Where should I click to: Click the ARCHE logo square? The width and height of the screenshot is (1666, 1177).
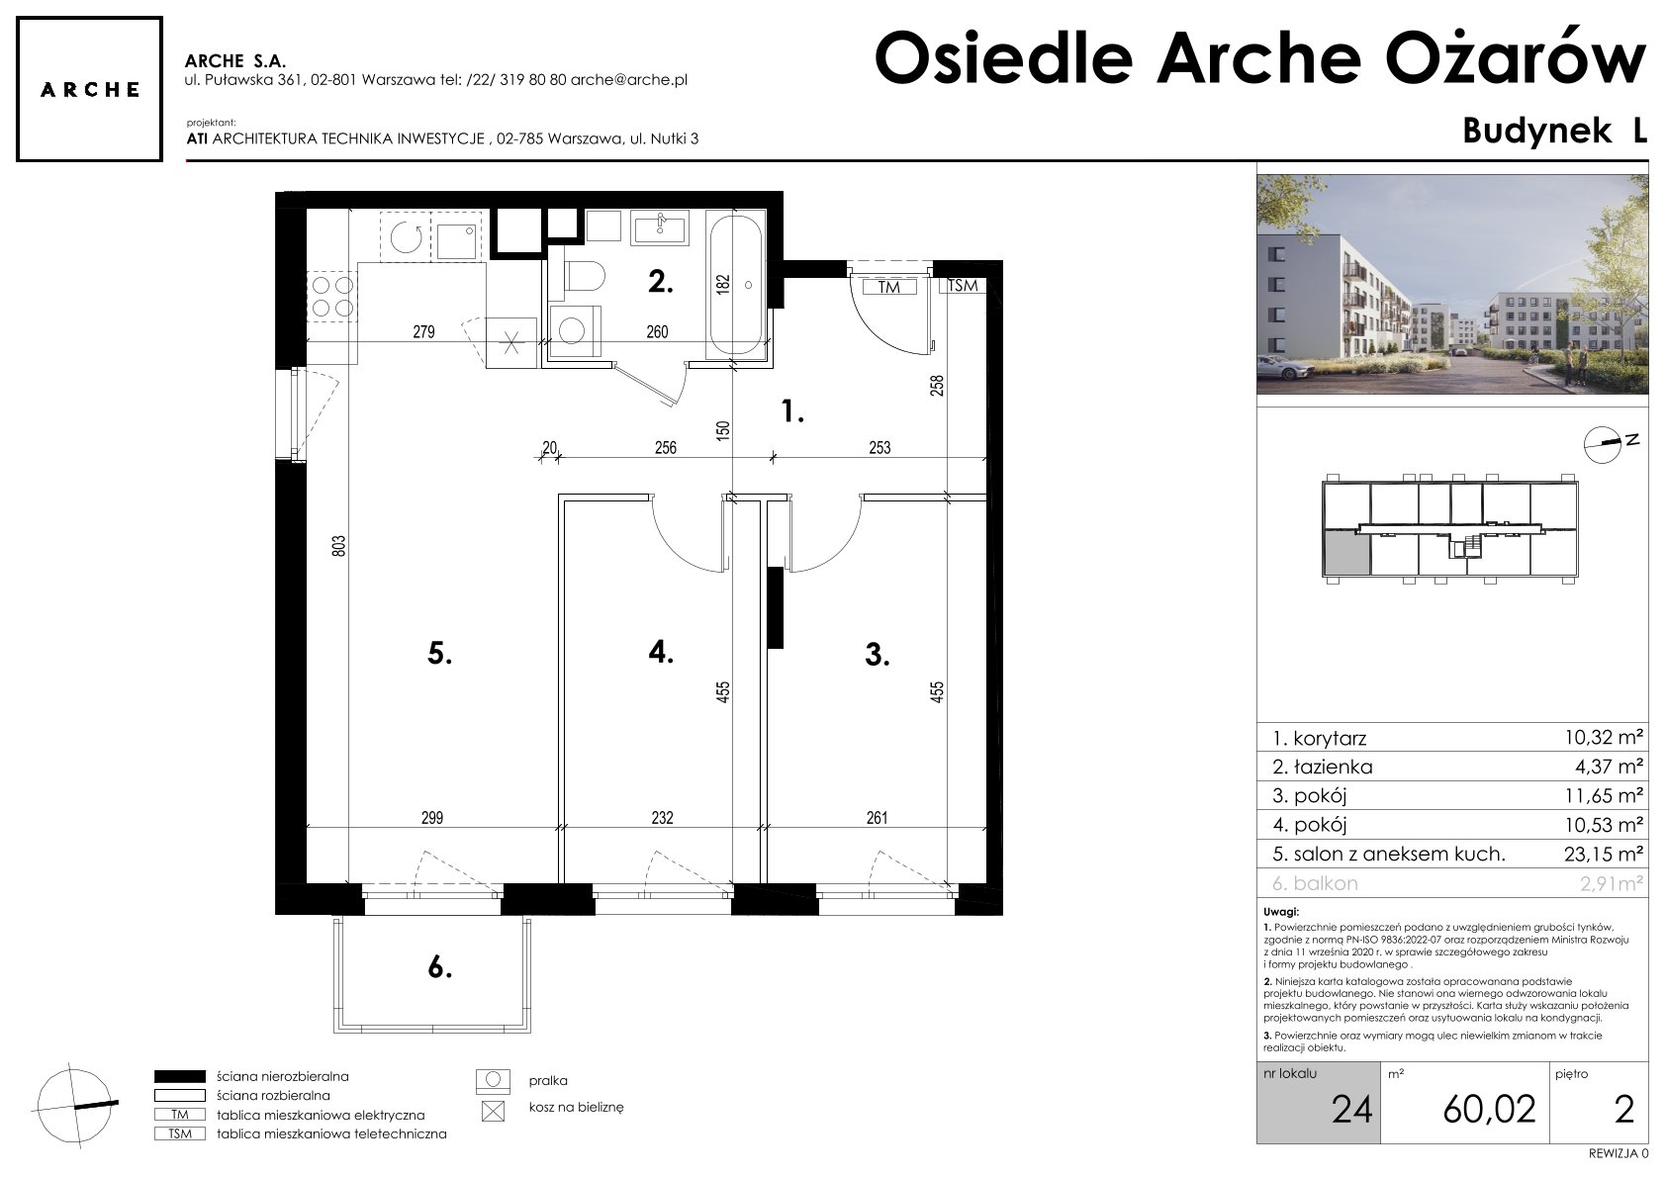(x=89, y=89)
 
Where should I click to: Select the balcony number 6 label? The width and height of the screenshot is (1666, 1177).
(x=439, y=967)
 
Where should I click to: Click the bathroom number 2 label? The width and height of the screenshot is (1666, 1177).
(x=661, y=281)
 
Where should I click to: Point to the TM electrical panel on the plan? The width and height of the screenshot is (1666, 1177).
(x=888, y=287)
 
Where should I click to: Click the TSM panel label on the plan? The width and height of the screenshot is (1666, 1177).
(x=964, y=286)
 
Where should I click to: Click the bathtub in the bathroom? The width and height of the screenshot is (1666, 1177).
(x=736, y=285)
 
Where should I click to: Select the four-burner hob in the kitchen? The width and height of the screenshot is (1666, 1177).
(x=332, y=296)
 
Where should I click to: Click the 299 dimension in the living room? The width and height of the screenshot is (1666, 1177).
(x=432, y=818)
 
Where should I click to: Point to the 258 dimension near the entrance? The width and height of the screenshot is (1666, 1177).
(x=936, y=385)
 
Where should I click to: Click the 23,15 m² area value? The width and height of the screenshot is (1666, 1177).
(x=1604, y=854)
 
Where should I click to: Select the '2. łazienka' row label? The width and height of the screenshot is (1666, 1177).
(x=1323, y=767)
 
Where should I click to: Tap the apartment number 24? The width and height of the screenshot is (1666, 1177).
(x=1352, y=1110)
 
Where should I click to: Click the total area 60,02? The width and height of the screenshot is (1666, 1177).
(x=1489, y=1110)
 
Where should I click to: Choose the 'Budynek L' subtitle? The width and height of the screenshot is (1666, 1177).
(x=1554, y=131)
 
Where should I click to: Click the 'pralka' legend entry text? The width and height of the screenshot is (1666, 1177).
(x=548, y=1081)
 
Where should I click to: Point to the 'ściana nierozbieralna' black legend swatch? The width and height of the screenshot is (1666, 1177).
(x=179, y=1077)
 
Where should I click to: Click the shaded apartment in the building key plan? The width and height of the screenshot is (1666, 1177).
(x=1346, y=553)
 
